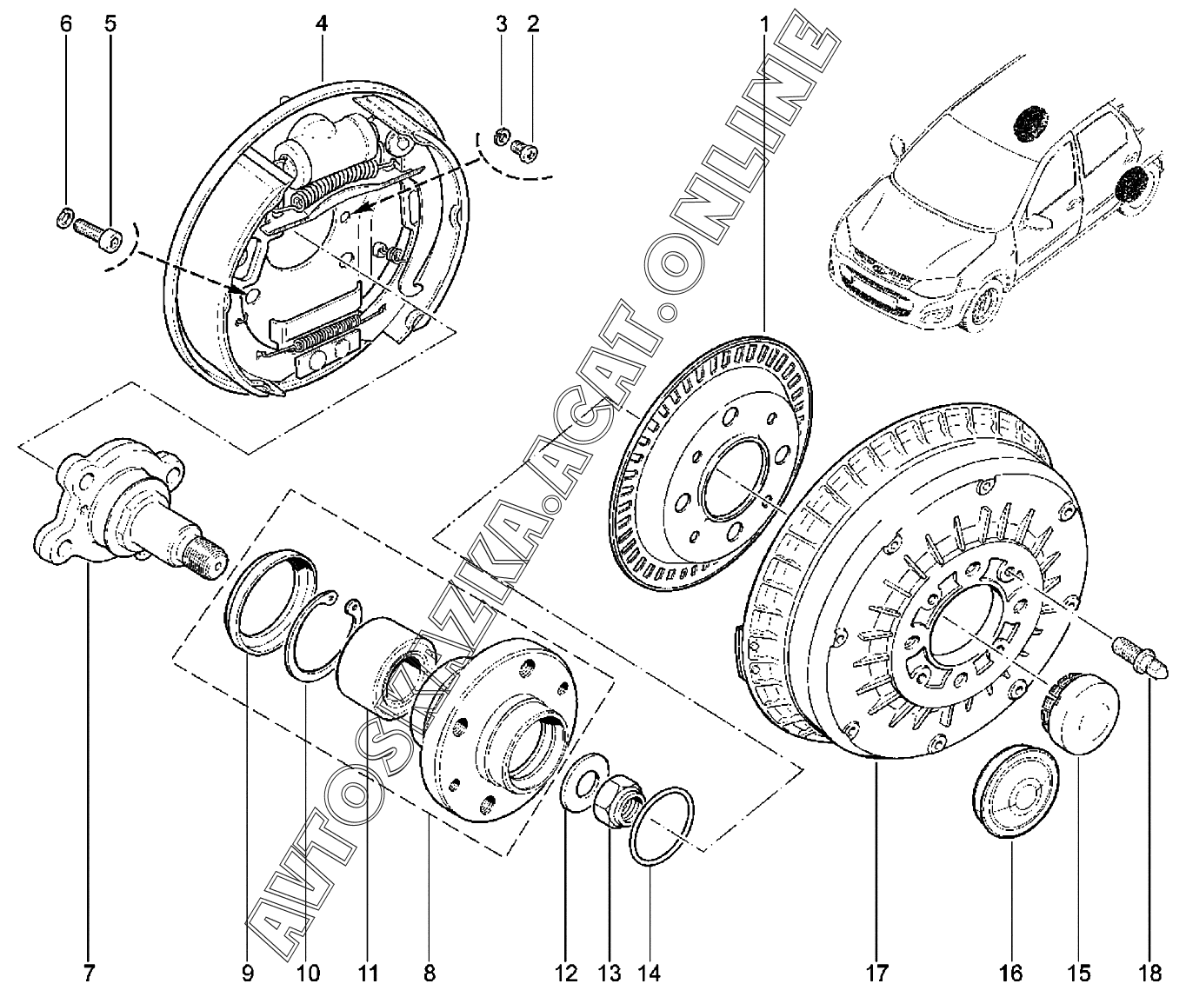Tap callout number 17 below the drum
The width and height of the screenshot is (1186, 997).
click(x=876, y=971)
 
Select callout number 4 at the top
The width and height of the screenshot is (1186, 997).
click(x=322, y=23)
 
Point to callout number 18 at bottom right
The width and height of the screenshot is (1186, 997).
click(x=1151, y=971)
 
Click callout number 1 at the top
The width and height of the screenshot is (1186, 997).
click(x=765, y=23)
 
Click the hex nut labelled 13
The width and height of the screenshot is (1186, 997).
click(x=617, y=797)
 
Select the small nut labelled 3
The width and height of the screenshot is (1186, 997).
click(x=503, y=136)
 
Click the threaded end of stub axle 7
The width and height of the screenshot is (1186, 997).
click(x=206, y=556)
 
